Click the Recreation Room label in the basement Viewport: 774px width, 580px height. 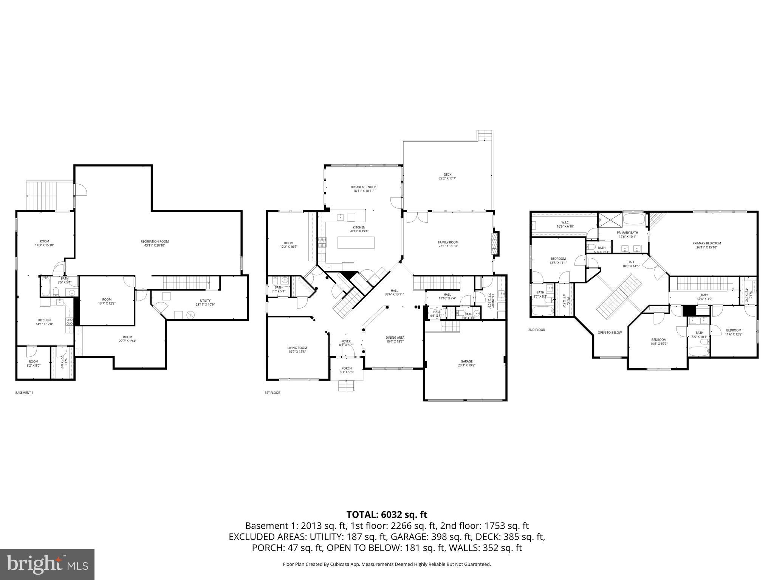(x=155, y=243)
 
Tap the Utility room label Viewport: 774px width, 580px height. (x=205, y=302)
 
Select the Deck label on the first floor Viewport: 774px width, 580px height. (x=447, y=176)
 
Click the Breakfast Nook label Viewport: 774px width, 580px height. (x=363, y=189)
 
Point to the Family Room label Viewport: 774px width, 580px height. (x=448, y=244)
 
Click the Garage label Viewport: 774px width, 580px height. (x=466, y=363)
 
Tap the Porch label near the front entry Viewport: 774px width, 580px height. (x=346, y=370)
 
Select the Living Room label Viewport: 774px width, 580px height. (x=297, y=350)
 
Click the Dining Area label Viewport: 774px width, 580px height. (x=395, y=339)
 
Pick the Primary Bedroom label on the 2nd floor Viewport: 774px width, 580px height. (x=706, y=245)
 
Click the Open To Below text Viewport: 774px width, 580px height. (x=609, y=332)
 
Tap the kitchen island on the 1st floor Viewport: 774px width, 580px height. (x=356, y=242)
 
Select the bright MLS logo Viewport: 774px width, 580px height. (x=47, y=564)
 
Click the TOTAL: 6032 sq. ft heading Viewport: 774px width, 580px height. (x=387, y=514)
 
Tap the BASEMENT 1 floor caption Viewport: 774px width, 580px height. (x=24, y=393)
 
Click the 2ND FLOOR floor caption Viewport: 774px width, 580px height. (x=536, y=330)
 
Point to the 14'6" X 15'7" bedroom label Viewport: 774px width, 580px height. (x=658, y=341)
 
